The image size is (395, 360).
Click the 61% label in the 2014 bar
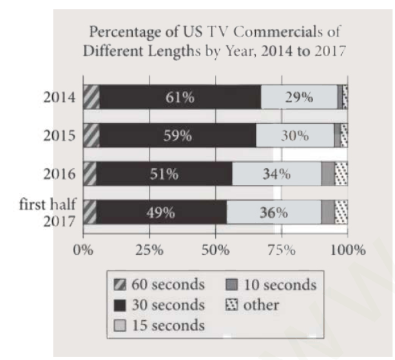coord(180,98)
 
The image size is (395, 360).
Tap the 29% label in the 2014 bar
coord(300,98)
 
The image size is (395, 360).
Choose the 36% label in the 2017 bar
coord(273,213)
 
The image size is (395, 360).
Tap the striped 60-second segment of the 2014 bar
coord(91,98)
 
